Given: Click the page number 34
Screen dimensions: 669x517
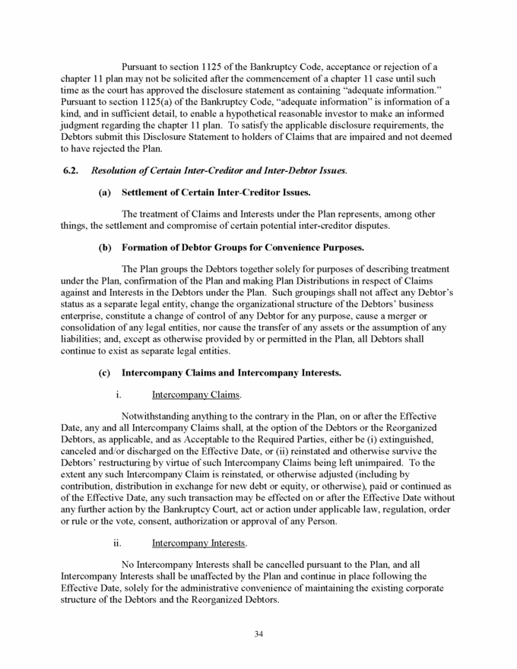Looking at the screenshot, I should tap(258, 636).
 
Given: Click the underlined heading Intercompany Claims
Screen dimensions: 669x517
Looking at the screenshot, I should tap(196, 395).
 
